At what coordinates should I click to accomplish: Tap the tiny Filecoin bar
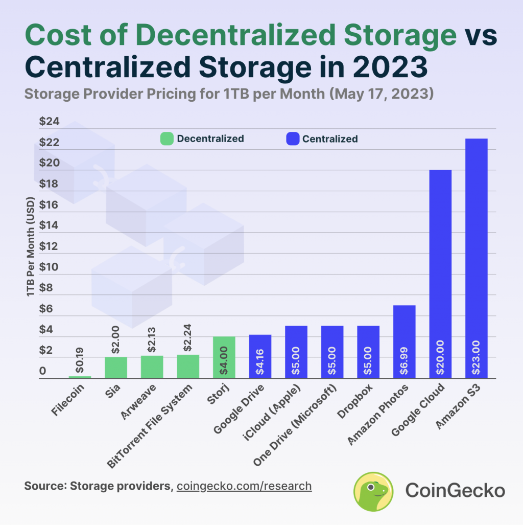(80, 377)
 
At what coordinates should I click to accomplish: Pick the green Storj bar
(224, 357)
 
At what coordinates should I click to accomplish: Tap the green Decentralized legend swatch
(167, 139)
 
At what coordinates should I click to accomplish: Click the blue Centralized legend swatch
(292, 139)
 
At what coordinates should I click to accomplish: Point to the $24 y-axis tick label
(49, 122)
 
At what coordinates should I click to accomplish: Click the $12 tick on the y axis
(49, 246)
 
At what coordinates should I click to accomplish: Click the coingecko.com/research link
(244, 485)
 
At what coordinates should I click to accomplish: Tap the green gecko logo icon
(373, 491)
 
